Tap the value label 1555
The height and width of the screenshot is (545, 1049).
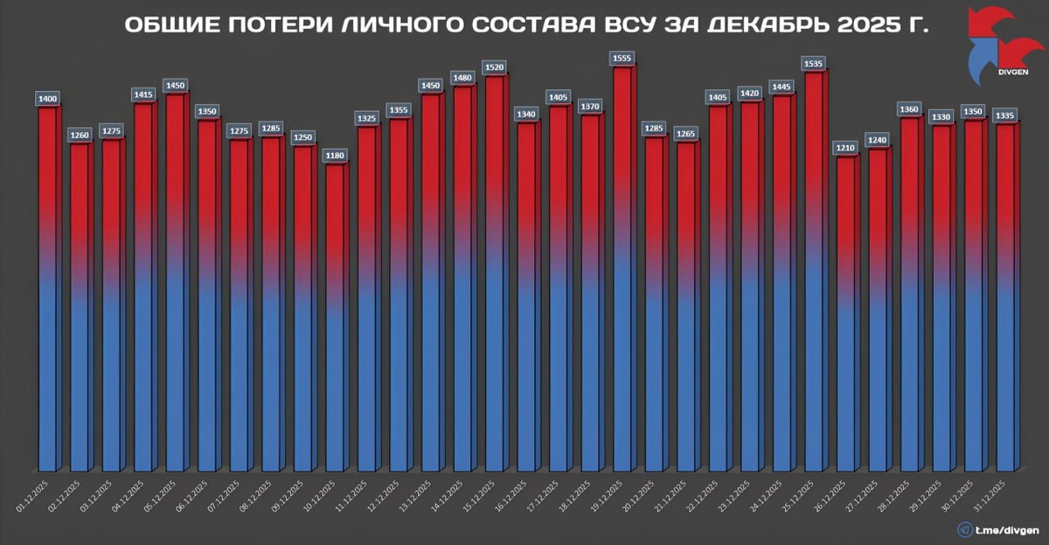[623, 58]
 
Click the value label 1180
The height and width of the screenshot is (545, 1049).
[336, 155]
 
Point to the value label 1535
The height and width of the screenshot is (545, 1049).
[815, 64]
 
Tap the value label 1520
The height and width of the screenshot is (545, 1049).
[496, 67]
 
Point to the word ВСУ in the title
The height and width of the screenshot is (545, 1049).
[629, 24]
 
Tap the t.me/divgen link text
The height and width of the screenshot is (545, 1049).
[1007, 529]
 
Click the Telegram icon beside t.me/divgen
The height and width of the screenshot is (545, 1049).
[965, 529]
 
